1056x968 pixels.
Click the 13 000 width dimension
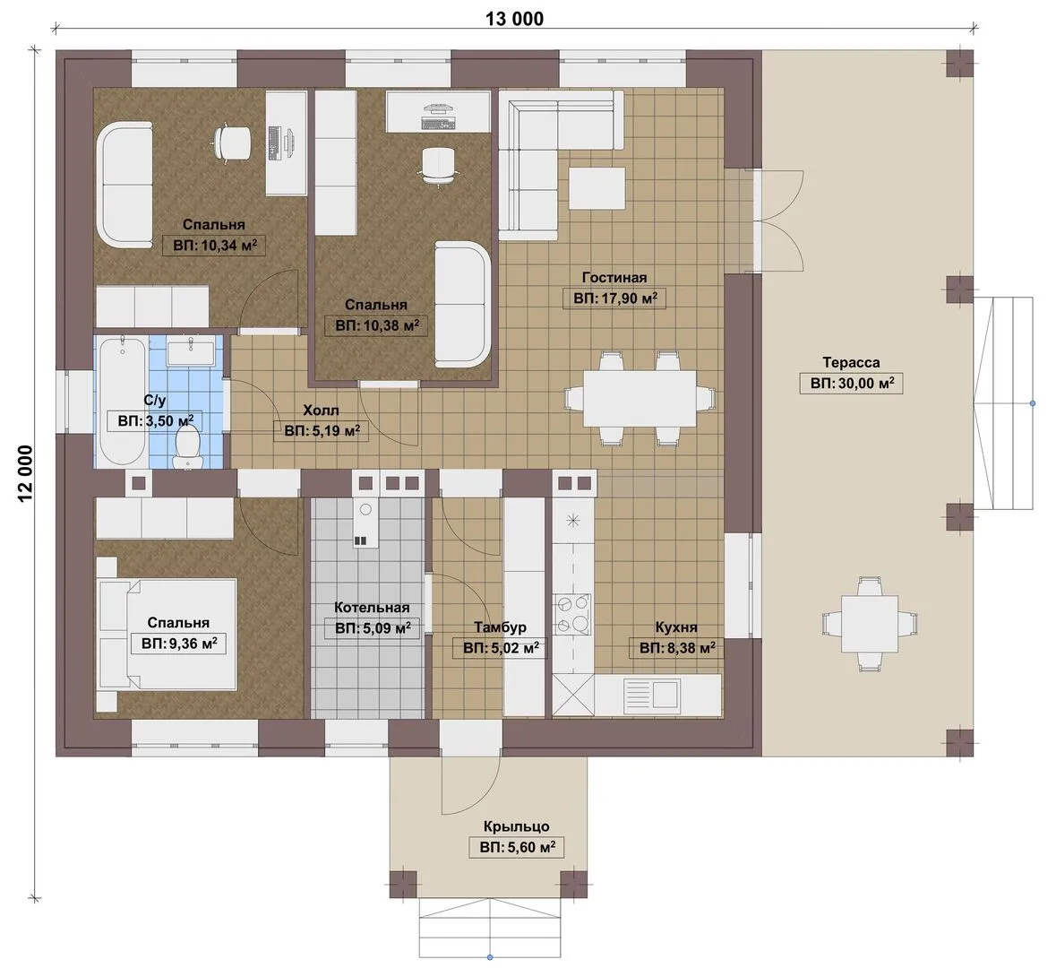click(x=514, y=18)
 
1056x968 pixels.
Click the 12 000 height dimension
click(x=24, y=473)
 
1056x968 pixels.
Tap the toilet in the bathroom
click(x=186, y=446)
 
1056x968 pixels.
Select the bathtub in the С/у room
click(x=122, y=402)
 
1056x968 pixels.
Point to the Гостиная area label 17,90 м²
click(x=614, y=298)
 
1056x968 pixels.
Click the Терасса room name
click(x=851, y=363)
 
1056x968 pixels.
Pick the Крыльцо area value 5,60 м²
click(x=517, y=847)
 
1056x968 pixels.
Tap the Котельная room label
click(x=372, y=608)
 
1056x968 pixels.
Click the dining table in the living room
click(x=640, y=398)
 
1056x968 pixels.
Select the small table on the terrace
click(x=869, y=624)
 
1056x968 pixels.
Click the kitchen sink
click(x=650, y=694)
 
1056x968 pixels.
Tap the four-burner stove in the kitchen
click(x=571, y=615)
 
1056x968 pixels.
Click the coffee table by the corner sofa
click(x=597, y=188)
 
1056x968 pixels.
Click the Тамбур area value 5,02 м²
click(x=500, y=649)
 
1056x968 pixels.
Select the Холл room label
click(x=321, y=411)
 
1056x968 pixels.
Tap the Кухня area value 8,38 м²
click(x=676, y=649)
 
